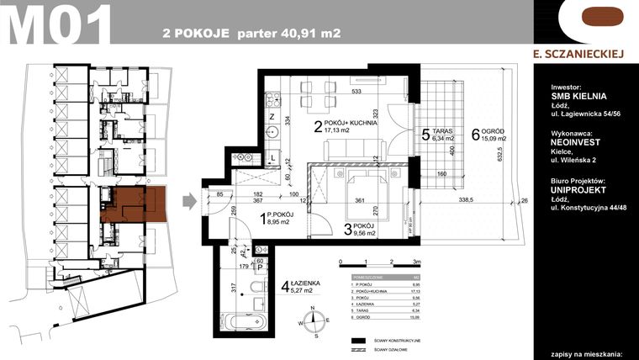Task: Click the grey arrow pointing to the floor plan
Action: coord(191,200)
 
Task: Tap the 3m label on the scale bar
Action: coord(406,262)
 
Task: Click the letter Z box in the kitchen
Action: coord(272,116)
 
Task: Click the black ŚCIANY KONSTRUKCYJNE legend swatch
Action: coord(362,339)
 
